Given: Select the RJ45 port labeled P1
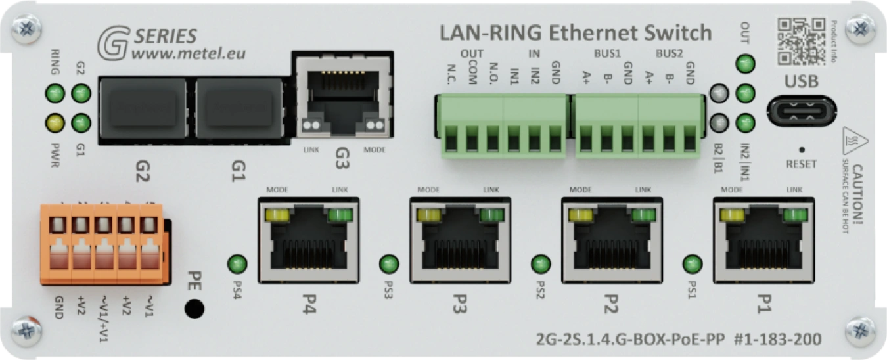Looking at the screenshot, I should pos(763,241).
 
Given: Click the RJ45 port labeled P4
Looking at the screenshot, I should pos(309,241).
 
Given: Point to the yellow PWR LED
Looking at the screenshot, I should pos(54,122).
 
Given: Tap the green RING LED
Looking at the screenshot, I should pos(54,94).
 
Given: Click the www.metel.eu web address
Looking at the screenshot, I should pos(189,53).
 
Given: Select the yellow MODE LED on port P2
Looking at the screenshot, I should pos(580,215).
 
